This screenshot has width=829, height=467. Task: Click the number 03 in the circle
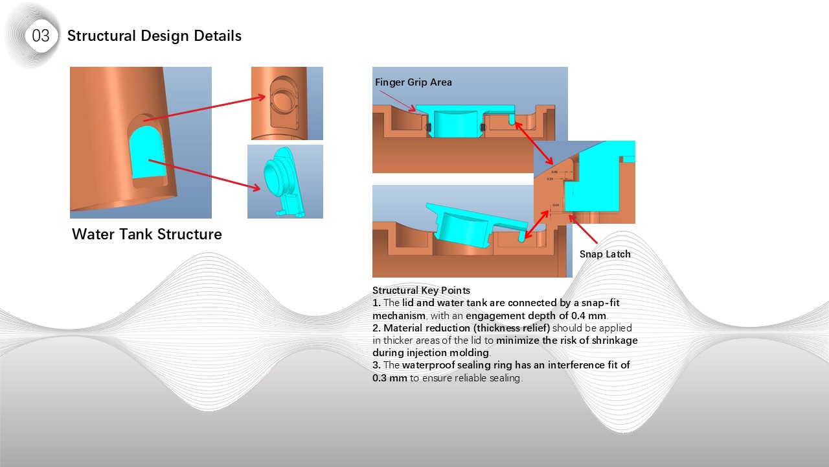coord(40,36)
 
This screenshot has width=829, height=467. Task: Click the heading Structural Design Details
coord(154,36)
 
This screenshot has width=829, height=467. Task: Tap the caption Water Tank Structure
coord(146,234)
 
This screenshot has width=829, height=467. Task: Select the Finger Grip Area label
coord(413,82)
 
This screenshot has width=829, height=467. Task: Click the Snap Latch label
coord(604,254)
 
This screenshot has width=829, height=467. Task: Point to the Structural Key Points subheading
coord(421,291)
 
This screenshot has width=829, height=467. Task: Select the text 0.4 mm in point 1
coord(589,316)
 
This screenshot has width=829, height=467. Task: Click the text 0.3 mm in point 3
coord(390,378)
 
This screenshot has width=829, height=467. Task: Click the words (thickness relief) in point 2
coord(512,328)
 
